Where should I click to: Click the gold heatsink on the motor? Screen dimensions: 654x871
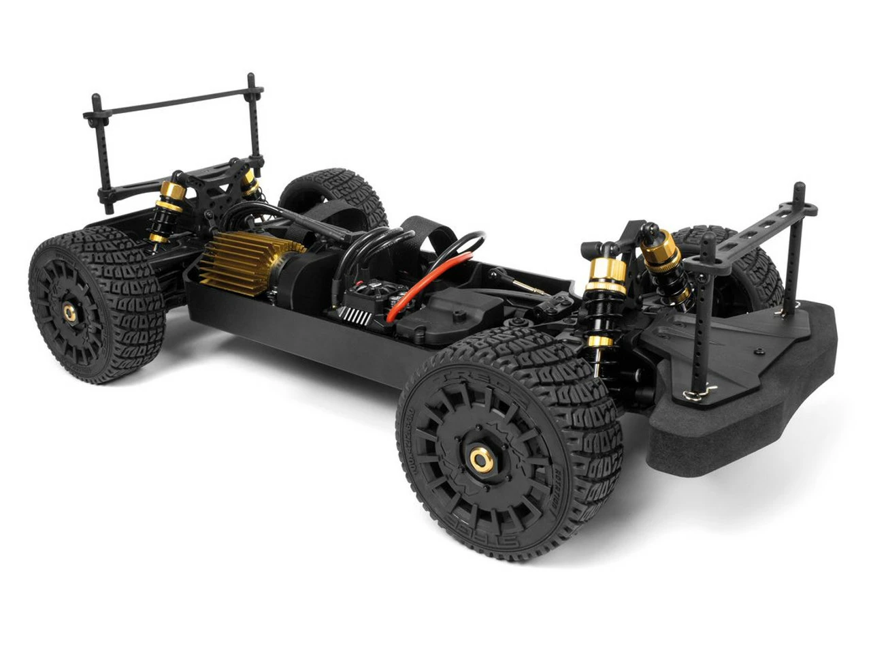(x=235, y=262)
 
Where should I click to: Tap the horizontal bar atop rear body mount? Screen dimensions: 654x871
(x=174, y=103)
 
